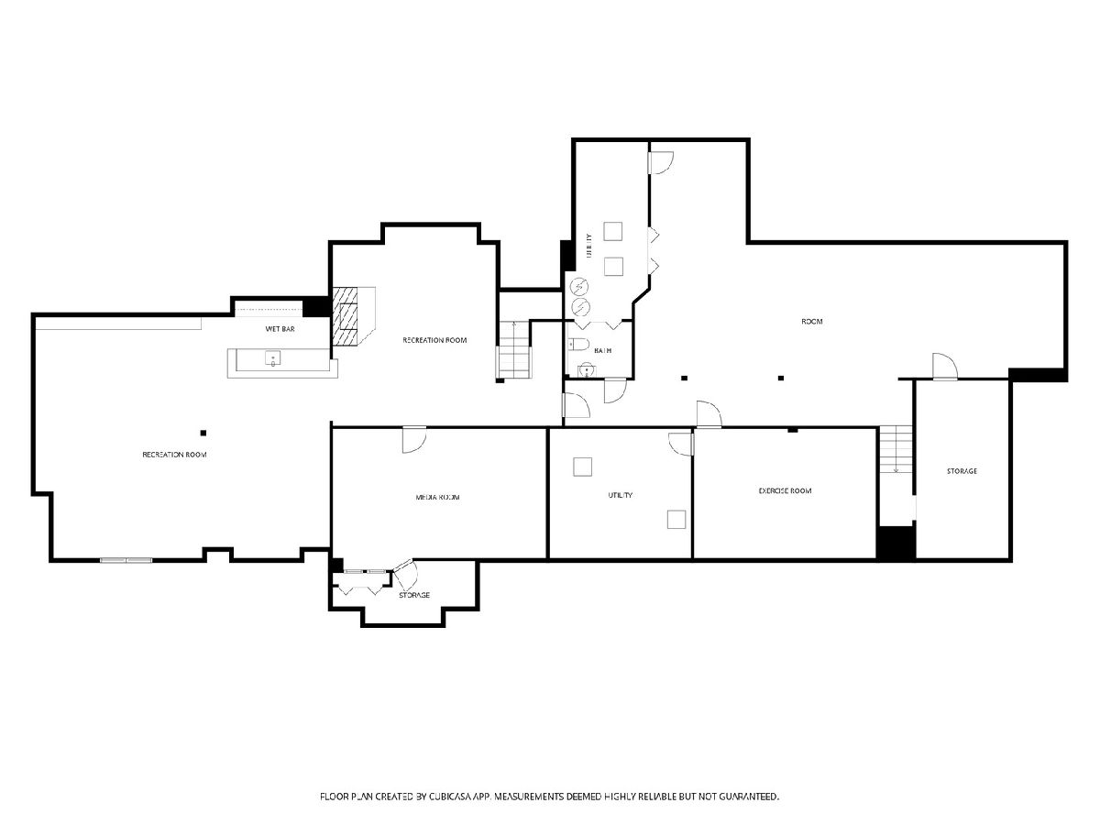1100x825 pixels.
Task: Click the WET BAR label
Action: point(280,329)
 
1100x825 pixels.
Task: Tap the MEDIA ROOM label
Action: point(437,498)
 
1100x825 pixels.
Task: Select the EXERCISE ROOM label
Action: point(785,491)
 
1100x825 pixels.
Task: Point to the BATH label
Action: point(602,351)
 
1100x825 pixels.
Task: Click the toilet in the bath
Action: point(579,344)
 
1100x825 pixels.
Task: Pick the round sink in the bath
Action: point(586,370)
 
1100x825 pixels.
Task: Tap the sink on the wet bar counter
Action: point(272,358)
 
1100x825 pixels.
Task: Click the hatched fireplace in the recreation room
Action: point(346,315)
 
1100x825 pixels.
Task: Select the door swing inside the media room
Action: point(414,440)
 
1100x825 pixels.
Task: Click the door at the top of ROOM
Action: point(661,162)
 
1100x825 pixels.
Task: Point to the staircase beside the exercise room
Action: point(896,449)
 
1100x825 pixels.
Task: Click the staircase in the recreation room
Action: point(513,349)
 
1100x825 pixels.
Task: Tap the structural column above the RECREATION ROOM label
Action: point(203,433)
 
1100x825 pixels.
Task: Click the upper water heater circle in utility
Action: point(580,287)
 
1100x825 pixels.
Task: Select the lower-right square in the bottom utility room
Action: point(676,520)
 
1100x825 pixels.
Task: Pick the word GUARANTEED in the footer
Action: point(749,796)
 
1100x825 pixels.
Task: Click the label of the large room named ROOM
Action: point(812,322)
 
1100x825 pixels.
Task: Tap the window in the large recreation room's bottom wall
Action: point(126,560)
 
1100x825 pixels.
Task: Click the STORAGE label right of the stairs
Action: point(962,471)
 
